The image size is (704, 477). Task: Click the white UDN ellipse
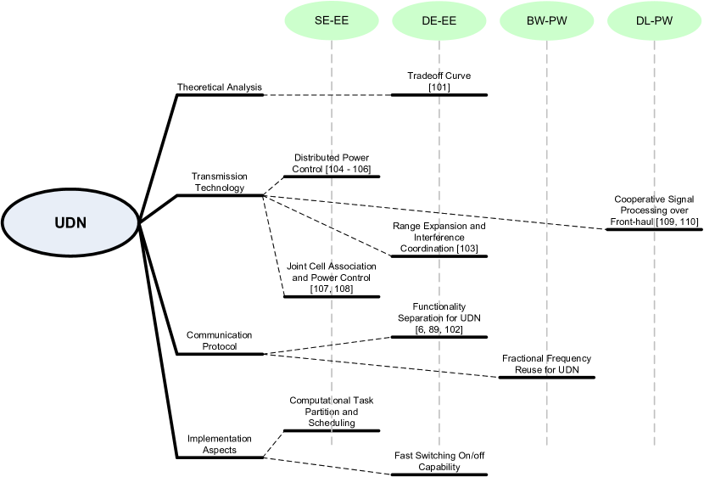click(x=70, y=222)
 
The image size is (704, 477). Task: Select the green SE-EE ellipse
click(x=331, y=23)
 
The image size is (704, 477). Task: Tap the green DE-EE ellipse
click(x=439, y=23)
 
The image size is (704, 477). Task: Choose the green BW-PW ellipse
click(x=546, y=23)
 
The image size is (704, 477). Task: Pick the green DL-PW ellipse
click(x=654, y=23)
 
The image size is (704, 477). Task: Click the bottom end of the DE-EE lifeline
click(x=439, y=445)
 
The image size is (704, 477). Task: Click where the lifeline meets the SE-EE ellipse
click(x=331, y=41)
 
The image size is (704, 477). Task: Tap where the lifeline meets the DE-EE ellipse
click(x=439, y=41)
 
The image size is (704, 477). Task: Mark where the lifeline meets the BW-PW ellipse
click(x=546, y=41)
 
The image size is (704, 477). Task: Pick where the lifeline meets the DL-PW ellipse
click(x=654, y=41)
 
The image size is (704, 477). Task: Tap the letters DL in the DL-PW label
click(x=644, y=23)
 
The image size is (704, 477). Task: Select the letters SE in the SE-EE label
click(x=321, y=23)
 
